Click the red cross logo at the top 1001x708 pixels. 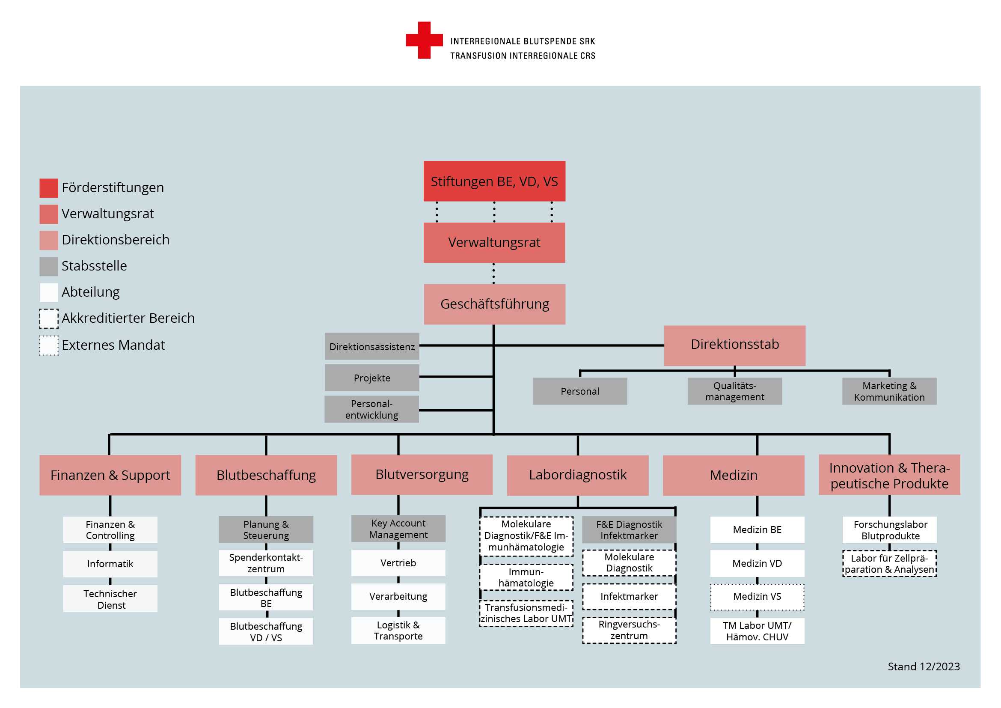click(424, 40)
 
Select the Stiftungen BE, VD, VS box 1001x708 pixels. click(494, 181)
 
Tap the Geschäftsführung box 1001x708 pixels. click(495, 304)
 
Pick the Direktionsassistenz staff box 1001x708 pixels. click(372, 347)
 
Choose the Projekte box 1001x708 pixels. click(372, 378)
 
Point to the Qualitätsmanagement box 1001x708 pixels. click(735, 391)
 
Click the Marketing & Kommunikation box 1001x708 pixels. click(889, 391)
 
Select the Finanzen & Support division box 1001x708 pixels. click(110, 475)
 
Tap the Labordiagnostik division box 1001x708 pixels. click(578, 475)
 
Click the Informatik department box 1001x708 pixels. click(110, 564)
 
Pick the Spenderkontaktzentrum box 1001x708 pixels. click(266, 563)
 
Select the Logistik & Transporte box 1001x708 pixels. click(398, 631)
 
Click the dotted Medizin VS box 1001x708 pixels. click(757, 597)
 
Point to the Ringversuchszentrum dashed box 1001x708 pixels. click(629, 631)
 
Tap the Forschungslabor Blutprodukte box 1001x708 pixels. click(889, 530)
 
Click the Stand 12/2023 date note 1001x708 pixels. click(924, 666)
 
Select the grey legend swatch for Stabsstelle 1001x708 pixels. click(49, 266)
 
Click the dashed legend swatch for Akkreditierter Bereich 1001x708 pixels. click(49, 319)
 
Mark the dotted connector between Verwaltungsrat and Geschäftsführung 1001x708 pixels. click(493, 274)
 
